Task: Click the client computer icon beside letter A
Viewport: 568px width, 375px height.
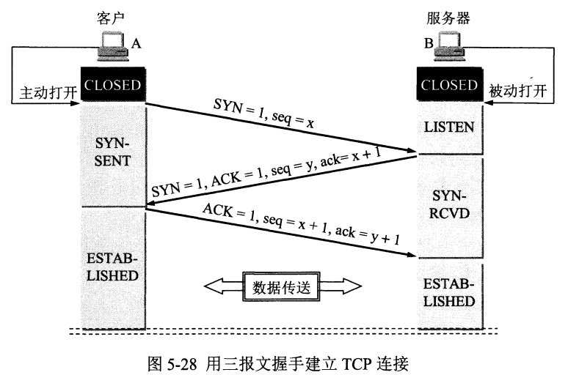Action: pyautogui.click(x=113, y=47)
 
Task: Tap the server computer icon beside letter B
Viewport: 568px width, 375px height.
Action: pyautogui.click(x=450, y=45)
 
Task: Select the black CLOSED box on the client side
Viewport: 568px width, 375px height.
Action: pyautogui.click(x=113, y=85)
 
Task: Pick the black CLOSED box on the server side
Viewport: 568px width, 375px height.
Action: pyautogui.click(x=450, y=85)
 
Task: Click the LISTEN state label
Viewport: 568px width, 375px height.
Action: pyautogui.click(x=449, y=127)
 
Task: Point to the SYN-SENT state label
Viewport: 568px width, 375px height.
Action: pyautogui.click(x=112, y=152)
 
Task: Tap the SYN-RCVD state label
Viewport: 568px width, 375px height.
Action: pyautogui.click(x=450, y=204)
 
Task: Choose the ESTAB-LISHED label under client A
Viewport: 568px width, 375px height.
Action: pyautogui.click(x=112, y=267)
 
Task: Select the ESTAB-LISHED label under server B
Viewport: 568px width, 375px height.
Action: pyautogui.click(x=449, y=292)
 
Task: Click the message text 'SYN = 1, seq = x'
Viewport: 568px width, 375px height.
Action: pyautogui.click(x=263, y=114)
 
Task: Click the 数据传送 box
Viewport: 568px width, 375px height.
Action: pyautogui.click(x=282, y=287)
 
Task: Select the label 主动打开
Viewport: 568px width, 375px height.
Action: pyautogui.click(x=48, y=92)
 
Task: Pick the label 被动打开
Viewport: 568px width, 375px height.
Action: pyautogui.click(x=518, y=91)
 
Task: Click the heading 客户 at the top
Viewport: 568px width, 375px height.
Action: pyautogui.click(x=111, y=18)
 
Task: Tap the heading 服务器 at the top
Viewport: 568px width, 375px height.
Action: pyautogui.click(x=448, y=18)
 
